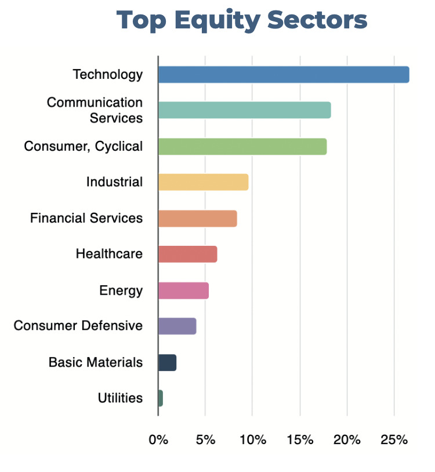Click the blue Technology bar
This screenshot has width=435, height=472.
(x=284, y=75)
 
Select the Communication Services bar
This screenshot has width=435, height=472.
(x=244, y=110)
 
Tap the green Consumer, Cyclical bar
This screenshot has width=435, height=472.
(x=242, y=147)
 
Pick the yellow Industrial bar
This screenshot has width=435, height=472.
(x=203, y=182)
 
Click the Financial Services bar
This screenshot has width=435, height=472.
(x=197, y=218)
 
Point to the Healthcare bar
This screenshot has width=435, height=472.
(x=187, y=254)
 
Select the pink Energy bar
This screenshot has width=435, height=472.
(x=183, y=290)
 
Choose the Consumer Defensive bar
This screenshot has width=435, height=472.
(x=177, y=326)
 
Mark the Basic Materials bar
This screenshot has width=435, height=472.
(x=167, y=362)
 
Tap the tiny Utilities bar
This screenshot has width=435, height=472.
(x=161, y=398)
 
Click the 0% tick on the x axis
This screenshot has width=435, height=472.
(x=158, y=440)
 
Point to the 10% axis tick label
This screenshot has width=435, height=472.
(x=252, y=440)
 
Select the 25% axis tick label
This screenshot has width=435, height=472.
(x=394, y=440)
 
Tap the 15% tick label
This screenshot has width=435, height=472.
(x=300, y=440)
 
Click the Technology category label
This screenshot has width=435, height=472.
(x=107, y=75)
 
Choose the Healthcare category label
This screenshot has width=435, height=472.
(x=109, y=254)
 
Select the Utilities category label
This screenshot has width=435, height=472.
(x=120, y=398)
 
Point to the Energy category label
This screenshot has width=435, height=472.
(x=121, y=290)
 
